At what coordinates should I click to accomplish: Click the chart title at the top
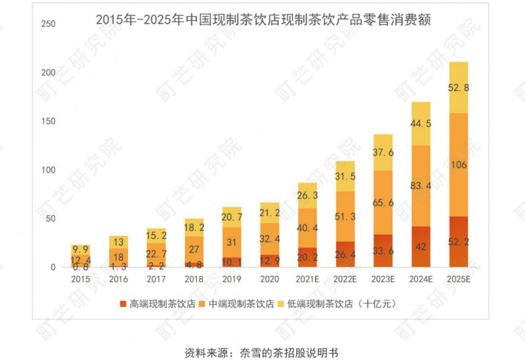coord(263,19)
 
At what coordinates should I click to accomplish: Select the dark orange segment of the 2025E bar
coord(458,242)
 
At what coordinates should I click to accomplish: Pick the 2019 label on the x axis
coord(232,278)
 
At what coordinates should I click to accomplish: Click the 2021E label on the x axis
coord(307,278)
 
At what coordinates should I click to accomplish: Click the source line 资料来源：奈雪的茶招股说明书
coord(262,353)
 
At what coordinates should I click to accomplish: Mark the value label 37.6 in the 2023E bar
coord(382,153)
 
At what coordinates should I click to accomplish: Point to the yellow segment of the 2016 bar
coord(119,242)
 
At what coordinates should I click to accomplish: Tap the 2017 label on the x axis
coord(156,278)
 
